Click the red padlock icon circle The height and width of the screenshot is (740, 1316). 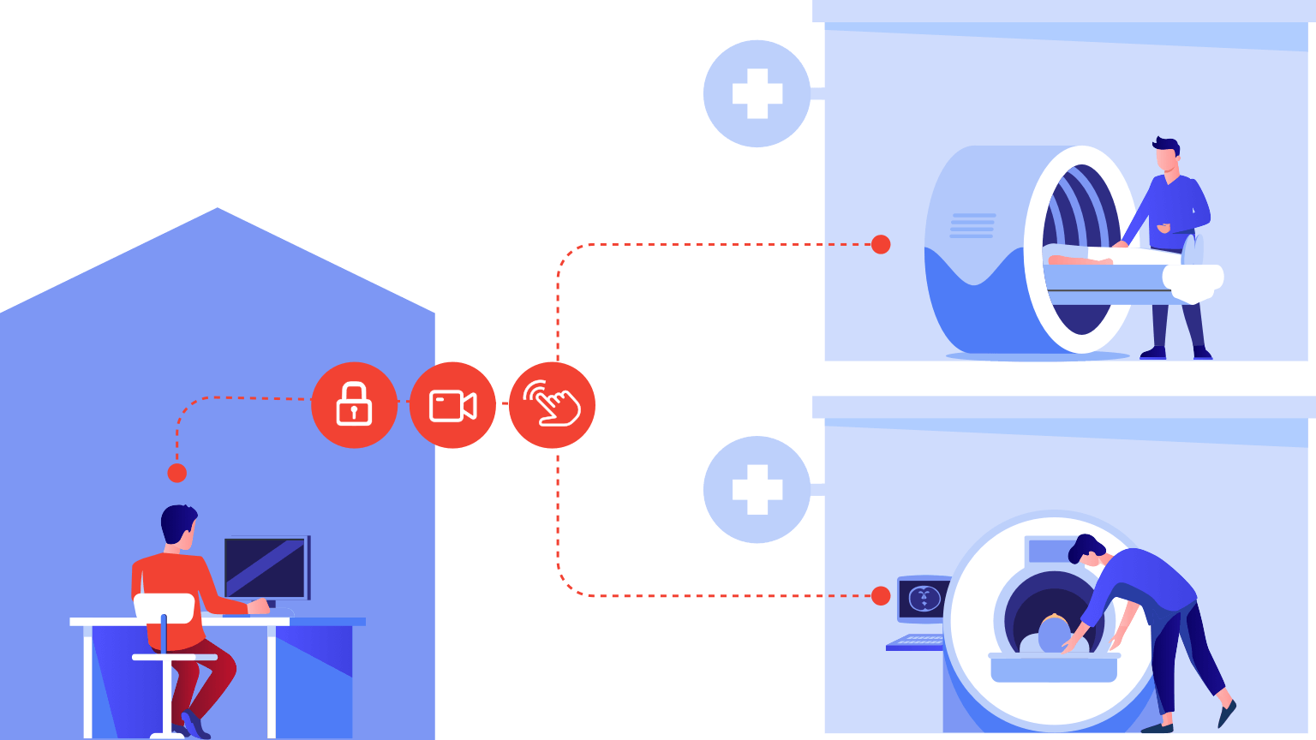click(354, 405)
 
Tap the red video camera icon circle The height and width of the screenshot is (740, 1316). click(452, 405)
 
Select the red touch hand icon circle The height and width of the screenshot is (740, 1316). click(552, 405)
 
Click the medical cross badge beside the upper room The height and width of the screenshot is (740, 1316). click(757, 93)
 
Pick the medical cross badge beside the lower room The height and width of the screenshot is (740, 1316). click(757, 490)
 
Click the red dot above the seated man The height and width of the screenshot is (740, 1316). click(176, 473)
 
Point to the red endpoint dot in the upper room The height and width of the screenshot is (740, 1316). click(881, 245)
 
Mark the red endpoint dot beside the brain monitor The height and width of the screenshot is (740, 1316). click(881, 596)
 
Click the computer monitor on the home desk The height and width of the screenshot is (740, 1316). click(266, 567)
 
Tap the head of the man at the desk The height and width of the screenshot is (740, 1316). click(178, 523)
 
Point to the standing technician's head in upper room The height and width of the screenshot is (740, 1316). click(1166, 156)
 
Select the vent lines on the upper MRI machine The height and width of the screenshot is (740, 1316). click(972, 225)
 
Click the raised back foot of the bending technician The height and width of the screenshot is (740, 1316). click(1227, 712)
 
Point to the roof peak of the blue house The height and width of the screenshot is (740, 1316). click(218, 209)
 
